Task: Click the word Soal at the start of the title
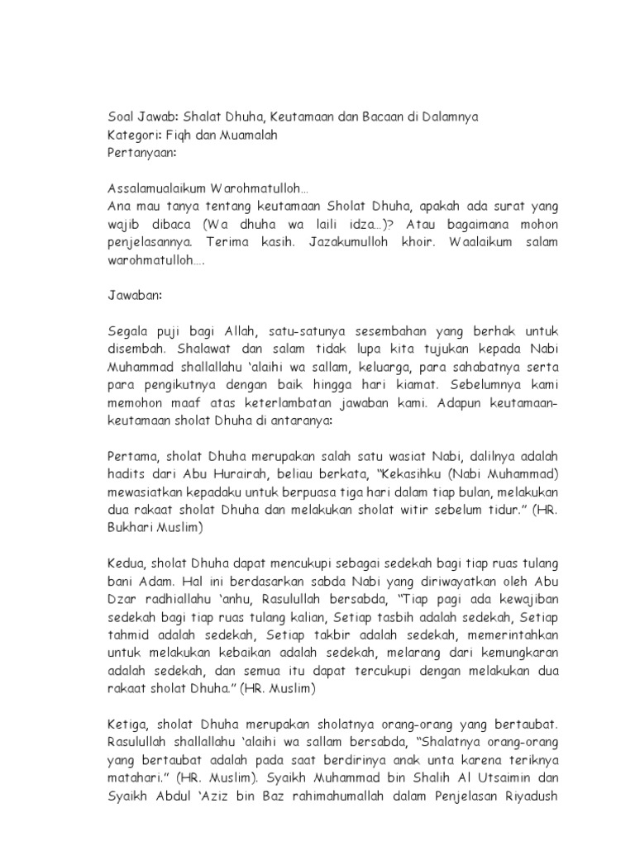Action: (x=123, y=116)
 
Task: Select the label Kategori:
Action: (x=138, y=135)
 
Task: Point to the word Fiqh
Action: (x=185, y=135)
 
